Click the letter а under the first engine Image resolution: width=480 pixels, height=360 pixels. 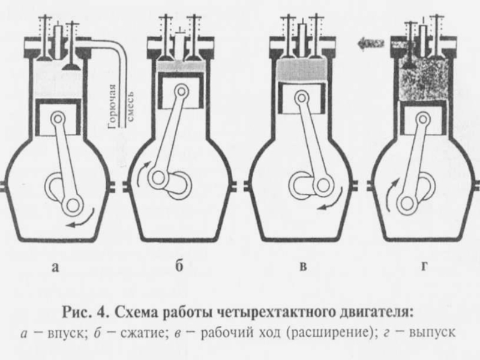(56, 268)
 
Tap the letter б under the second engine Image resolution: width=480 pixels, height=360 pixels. (178, 267)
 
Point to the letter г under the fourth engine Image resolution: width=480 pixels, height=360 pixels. (424, 268)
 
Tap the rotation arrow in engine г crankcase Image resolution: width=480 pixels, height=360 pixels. (392, 199)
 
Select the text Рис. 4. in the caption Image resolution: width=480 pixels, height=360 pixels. (87, 313)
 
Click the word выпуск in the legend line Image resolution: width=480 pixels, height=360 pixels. (431, 332)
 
